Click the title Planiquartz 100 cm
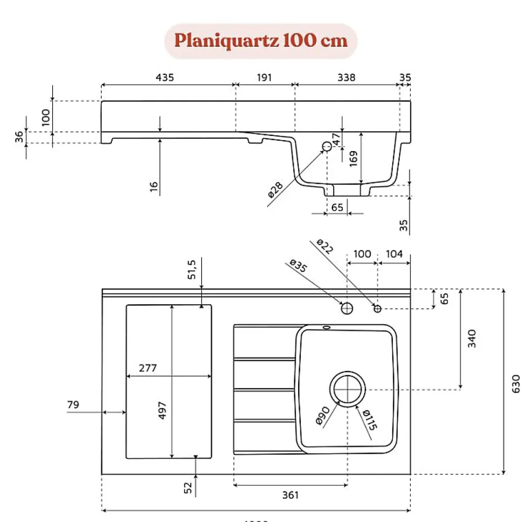(260, 41)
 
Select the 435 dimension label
(165, 77)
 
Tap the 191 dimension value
(264, 77)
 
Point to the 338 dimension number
(346, 77)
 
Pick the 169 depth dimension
(354, 158)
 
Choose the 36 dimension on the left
(19, 137)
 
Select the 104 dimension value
(394, 253)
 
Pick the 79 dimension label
(73, 404)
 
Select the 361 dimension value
(290, 495)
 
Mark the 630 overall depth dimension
(516, 382)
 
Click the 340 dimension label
(472, 338)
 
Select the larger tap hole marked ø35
(347, 308)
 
